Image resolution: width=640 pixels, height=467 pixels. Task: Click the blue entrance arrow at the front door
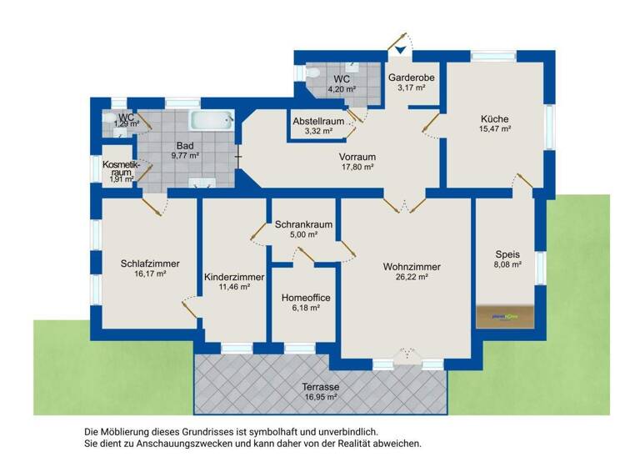tap(402, 51)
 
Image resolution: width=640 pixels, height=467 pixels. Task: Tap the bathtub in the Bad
tap(211, 120)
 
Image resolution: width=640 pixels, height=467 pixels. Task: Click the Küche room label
tap(494, 118)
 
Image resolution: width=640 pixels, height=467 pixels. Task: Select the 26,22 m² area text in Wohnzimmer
tap(411, 278)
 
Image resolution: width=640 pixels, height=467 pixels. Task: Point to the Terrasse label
tap(319, 386)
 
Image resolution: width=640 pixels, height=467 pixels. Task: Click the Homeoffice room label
tap(304, 296)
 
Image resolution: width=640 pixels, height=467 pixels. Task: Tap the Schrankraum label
tap(304, 224)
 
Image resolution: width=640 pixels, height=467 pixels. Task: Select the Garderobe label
tap(412, 77)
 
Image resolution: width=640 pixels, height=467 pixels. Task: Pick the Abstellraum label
tap(318, 121)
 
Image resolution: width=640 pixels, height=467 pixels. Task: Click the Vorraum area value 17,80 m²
tap(357, 167)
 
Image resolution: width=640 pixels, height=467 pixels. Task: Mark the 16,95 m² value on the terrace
tap(319, 397)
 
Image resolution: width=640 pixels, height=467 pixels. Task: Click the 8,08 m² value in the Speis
tap(507, 264)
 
